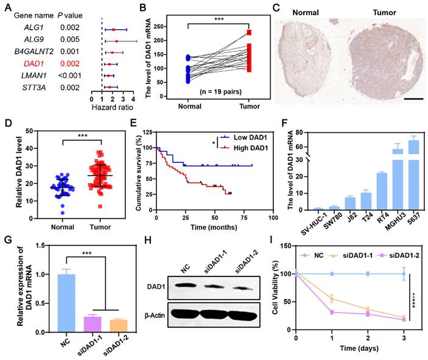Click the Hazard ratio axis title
(113, 108)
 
